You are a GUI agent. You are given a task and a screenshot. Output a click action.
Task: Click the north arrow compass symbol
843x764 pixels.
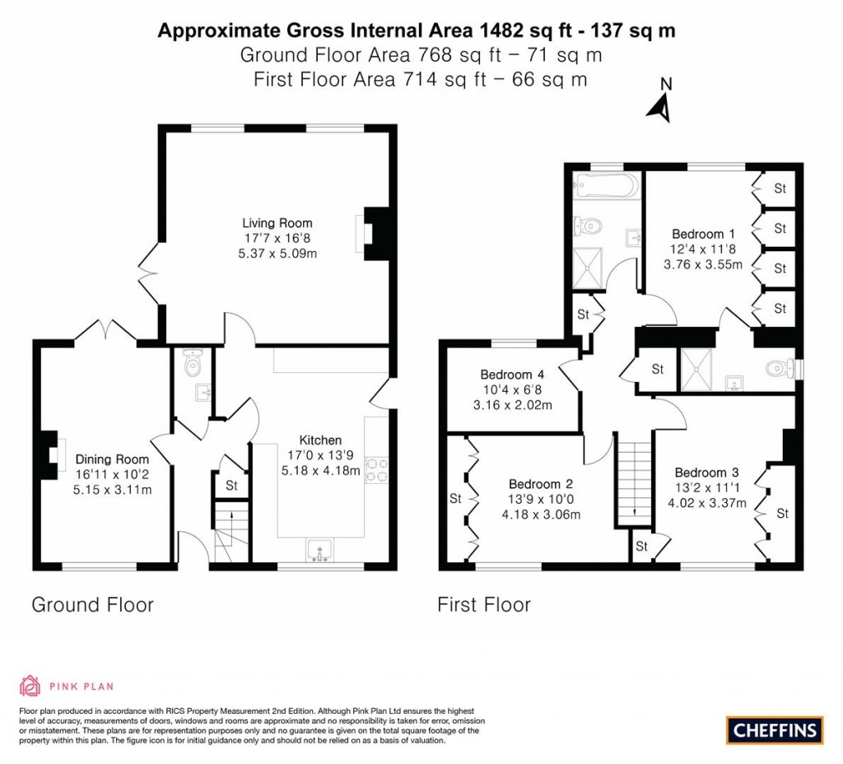coord(659,102)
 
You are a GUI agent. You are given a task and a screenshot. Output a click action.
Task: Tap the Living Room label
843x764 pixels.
coord(277,223)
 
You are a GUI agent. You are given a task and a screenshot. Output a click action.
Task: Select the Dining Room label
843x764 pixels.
coord(113,459)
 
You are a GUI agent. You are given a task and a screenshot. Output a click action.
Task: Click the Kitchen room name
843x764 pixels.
coord(320,440)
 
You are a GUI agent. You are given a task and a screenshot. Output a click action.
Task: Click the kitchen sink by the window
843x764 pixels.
coord(319,550)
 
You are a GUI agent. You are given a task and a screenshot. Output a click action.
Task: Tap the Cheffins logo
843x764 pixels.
coord(774,729)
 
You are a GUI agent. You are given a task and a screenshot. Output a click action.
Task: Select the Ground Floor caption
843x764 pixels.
coord(92,605)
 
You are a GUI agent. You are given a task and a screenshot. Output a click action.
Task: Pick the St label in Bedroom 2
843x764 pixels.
coord(455,498)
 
